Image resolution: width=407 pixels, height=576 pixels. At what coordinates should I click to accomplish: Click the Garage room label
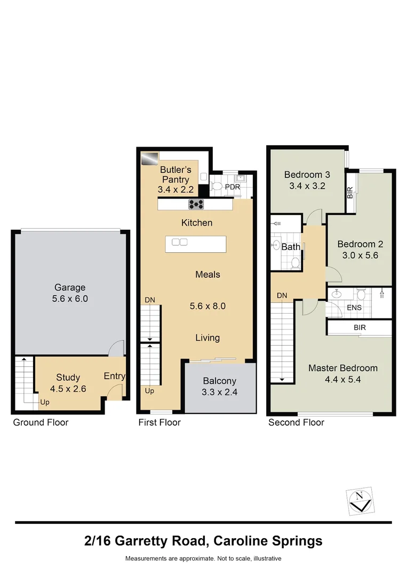click(x=70, y=287)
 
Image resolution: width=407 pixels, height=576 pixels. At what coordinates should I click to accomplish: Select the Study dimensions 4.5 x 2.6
click(x=68, y=389)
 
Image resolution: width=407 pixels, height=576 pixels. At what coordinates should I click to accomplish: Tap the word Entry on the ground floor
click(x=114, y=376)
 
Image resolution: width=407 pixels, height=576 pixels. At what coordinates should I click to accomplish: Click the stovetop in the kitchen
click(x=196, y=204)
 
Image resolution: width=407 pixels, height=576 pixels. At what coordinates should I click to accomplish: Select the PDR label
click(x=233, y=187)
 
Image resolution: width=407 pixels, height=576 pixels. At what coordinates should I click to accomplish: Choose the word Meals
click(x=208, y=274)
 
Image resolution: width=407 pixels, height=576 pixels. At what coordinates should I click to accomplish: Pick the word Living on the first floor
click(x=207, y=338)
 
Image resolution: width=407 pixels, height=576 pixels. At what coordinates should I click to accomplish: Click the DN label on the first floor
click(x=150, y=300)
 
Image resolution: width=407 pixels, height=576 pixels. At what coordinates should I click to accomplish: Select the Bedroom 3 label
click(x=307, y=174)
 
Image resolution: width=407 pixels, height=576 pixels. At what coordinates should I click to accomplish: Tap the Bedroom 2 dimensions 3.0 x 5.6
click(x=360, y=255)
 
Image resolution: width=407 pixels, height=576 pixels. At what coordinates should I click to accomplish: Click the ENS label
click(x=354, y=308)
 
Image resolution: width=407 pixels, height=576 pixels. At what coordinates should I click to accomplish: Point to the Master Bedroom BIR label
click(x=360, y=327)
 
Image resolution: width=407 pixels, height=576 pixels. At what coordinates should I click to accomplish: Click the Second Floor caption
click(x=296, y=422)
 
